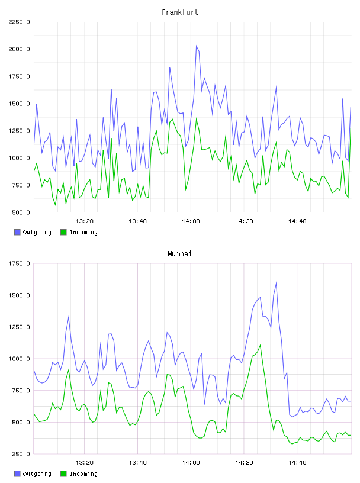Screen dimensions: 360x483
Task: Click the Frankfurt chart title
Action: tap(180, 12)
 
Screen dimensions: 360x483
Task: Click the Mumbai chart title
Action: tap(179, 253)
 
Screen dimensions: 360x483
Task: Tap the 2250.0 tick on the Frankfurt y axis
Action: tap(19, 22)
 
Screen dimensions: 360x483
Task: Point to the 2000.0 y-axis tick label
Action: tap(19, 49)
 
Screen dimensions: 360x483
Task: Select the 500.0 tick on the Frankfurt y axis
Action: tap(21, 212)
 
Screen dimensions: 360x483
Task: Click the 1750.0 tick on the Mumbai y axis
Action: tap(19, 263)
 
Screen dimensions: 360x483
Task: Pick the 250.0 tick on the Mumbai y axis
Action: tap(21, 454)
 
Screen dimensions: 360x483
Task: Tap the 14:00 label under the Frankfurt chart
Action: tap(191, 221)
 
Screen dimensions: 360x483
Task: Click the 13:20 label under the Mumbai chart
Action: tap(84, 462)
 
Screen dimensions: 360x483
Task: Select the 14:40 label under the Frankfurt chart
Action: tap(297, 221)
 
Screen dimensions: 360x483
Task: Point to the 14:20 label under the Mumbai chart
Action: tap(244, 462)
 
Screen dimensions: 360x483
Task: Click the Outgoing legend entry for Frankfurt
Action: tap(33, 232)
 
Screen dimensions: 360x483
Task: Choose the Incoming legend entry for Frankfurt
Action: tap(79, 232)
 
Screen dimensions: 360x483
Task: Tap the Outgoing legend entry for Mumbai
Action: tap(33, 474)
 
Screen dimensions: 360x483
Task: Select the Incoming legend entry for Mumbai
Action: tap(79, 474)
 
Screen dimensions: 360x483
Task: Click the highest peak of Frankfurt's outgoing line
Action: tap(197, 46)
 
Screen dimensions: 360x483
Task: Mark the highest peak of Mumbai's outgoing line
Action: tap(276, 282)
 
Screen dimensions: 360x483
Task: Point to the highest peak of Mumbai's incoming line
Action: tap(261, 345)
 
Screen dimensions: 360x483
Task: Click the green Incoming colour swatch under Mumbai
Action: tap(63, 474)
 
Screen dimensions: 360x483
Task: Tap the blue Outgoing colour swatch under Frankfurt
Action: tap(17, 232)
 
